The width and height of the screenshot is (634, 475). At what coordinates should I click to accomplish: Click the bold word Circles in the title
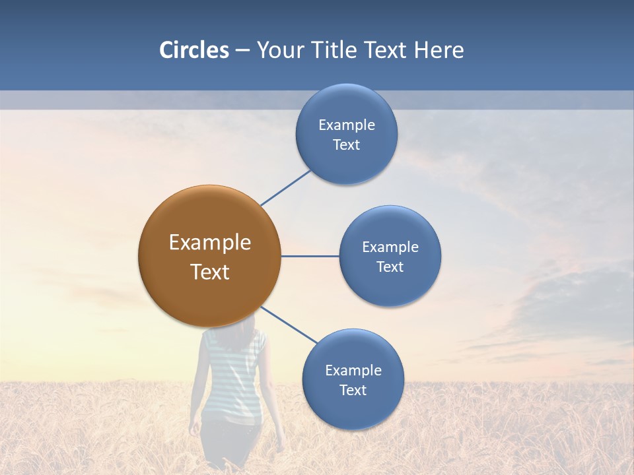[x=194, y=50]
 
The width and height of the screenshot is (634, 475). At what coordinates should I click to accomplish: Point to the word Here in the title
[x=439, y=50]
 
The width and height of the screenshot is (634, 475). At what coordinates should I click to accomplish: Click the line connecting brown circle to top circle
[x=285, y=187]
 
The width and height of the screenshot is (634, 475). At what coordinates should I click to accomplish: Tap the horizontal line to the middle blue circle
[x=310, y=256]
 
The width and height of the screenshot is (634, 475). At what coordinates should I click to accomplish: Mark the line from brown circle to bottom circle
[x=289, y=325]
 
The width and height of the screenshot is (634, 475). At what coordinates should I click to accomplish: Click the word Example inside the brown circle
[x=210, y=243]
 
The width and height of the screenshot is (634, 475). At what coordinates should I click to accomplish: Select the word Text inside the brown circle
[x=210, y=272]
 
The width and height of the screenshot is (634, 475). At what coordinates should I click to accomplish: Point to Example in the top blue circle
[x=346, y=125]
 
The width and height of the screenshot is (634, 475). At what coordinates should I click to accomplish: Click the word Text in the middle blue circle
[x=390, y=267]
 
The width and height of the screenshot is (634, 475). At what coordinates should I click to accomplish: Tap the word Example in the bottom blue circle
[x=353, y=371]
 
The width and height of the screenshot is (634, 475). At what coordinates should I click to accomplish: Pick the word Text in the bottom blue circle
[x=353, y=391]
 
